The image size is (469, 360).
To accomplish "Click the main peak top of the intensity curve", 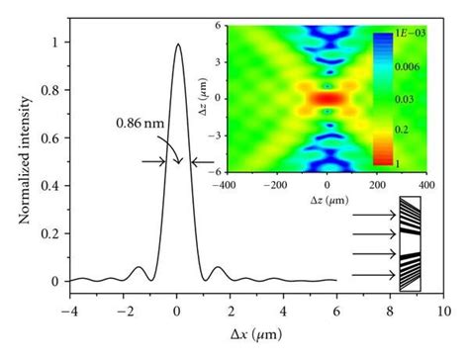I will (x=177, y=45).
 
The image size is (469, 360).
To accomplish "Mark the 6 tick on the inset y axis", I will (x=218, y=32).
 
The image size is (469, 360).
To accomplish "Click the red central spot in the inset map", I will (x=327, y=100).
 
